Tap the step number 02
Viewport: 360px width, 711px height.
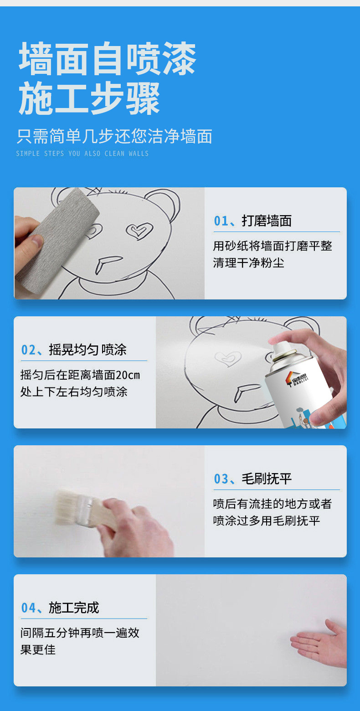(x=28, y=350)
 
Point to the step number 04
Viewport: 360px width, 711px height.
(x=28, y=608)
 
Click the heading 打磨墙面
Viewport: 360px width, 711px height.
(x=267, y=221)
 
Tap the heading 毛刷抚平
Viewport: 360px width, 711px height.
(x=267, y=479)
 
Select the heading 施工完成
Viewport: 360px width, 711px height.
(x=74, y=608)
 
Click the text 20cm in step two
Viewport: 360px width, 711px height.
(x=128, y=375)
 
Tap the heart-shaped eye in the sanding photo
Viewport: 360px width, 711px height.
(x=139, y=231)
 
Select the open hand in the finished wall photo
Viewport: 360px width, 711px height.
(x=319, y=643)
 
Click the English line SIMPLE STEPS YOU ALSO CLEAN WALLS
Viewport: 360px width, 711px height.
(x=82, y=154)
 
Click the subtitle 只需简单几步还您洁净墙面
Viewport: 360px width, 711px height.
(x=114, y=136)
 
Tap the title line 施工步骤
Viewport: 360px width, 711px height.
(x=89, y=98)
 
